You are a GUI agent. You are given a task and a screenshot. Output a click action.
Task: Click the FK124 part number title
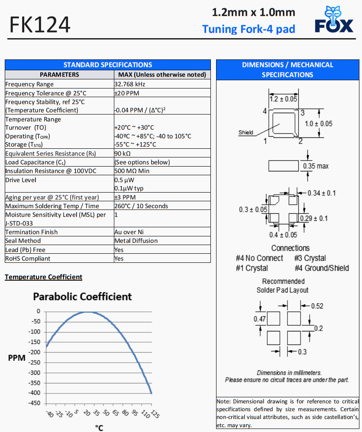tap(40, 25)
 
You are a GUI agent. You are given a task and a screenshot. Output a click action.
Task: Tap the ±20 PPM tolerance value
tap(127, 93)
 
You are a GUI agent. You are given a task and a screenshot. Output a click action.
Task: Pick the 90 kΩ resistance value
tap(123, 154)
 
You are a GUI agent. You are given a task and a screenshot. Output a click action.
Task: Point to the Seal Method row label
tap(22, 241)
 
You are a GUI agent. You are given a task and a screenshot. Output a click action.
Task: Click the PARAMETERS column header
tap(59, 75)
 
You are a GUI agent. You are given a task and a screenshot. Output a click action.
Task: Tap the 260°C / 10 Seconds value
tap(141, 206)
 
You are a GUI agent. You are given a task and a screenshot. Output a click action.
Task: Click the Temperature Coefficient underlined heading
tap(43, 277)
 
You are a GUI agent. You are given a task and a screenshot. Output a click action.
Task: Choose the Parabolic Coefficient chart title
tap(82, 297)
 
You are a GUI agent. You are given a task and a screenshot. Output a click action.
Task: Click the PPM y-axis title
tap(16, 358)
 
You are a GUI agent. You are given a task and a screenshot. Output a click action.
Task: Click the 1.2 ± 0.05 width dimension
tap(283, 99)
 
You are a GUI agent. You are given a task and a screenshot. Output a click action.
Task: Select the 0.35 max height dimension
tap(316, 166)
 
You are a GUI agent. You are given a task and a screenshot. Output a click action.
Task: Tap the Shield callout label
tap(246, 132)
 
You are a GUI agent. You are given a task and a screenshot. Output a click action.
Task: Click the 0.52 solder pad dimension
tap(317, 306)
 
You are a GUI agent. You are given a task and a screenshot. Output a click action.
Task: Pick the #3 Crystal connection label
tap(310, 258)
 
